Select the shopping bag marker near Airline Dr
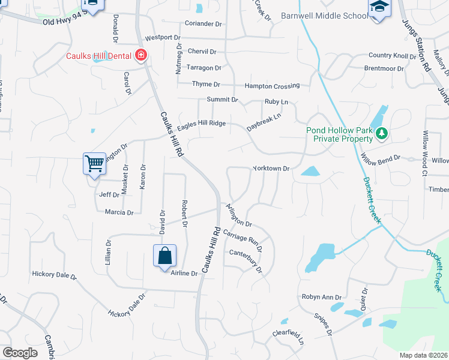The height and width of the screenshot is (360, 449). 164,256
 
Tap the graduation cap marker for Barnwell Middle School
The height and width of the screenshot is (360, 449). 378,8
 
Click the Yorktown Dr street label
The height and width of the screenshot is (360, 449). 271,169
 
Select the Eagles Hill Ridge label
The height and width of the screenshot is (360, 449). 200,123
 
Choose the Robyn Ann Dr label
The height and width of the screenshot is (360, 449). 321,297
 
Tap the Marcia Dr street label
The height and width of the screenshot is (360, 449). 119,212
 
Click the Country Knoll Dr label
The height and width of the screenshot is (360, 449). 393,56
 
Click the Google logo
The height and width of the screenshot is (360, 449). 20,353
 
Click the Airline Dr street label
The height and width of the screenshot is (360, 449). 184,274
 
